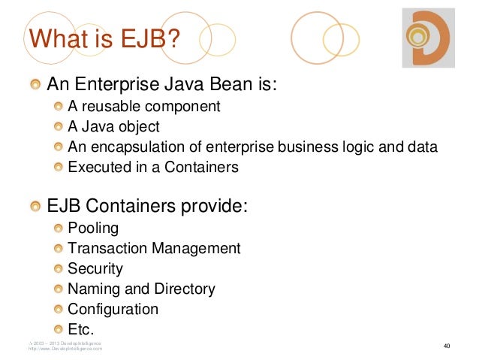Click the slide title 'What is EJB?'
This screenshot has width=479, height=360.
pyautogui.click(x=104, y=38)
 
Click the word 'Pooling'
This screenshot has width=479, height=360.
pyautogui.click(x=93, y=228)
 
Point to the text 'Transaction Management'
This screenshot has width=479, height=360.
pyautogui.click(x=154, y=248)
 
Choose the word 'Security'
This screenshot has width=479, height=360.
pyautogui.click(x=95, y=268)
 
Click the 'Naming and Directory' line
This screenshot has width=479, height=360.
pyautogui.click(x=141, y=289)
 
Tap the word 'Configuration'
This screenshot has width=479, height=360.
pyautogui.click(x=113, y=309)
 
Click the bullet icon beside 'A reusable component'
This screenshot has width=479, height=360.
pyautogui.click(x=59, y=106)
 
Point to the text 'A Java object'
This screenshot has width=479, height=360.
pyautogui.click(x=113, y=126)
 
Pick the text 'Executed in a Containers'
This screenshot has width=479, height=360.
pyautogui.click(x=153, y=167)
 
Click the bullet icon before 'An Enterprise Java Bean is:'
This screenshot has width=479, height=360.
pyautogui.click(x=35, y=83)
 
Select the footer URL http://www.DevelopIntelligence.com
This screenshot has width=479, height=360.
pyautogui.click(x=65, y=349)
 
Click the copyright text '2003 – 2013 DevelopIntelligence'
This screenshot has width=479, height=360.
pyautogui.click(x=66, y=343)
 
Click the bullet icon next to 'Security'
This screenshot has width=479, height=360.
pyautogui.click(x=59, y=268)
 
